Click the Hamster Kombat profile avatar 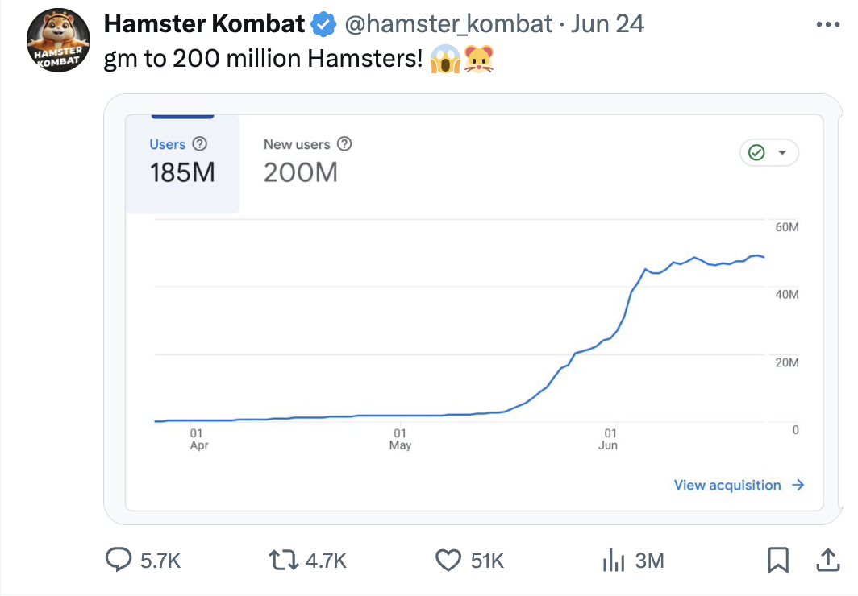point(58,41)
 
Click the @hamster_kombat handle point(448,24)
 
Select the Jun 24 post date point(607,24)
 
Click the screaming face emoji point(444,59)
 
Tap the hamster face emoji point(478,59)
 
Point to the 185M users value point(182,172)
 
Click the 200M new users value point(300,172)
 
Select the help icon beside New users point(344,144)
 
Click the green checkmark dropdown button point(768,153)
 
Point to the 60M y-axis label point(786,228)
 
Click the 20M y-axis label point(786,362)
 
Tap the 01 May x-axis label point(400,439)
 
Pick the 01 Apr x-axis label point(198,439)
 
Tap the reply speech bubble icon point(120,560)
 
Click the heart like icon point(448,560)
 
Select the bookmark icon point(777,560)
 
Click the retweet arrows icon point(284,560)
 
